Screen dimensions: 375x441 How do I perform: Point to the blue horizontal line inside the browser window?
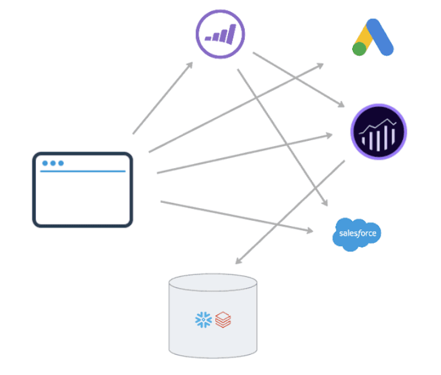coord(82,172)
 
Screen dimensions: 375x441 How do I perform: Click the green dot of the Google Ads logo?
coord(359,49)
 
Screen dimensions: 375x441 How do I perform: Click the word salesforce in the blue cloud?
coord(357,234)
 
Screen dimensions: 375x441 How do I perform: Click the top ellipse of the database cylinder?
coord(212,283)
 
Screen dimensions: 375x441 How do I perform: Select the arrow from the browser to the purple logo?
coord(163,98)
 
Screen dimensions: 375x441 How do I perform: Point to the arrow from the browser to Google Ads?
coord(235,108)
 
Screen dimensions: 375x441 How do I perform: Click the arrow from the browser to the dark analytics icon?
coord(244,154)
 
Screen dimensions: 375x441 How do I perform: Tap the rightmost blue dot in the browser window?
coord(60,163)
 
